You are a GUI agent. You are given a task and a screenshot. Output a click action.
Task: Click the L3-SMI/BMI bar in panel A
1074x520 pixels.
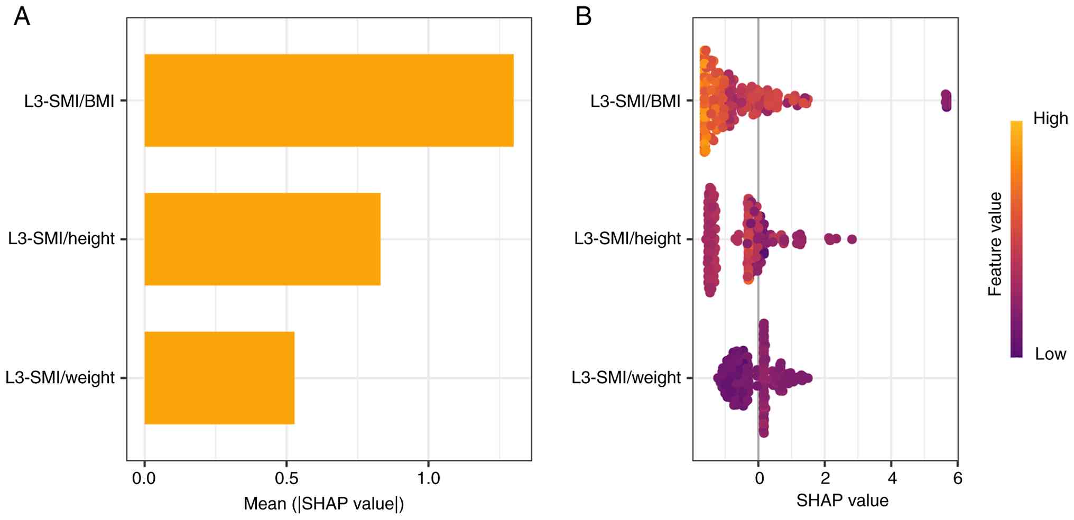[x=329, y=100]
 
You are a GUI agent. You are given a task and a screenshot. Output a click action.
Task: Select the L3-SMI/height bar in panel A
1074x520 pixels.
[x=262, y=239]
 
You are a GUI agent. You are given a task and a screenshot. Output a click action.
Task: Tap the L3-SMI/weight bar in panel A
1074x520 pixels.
[x=219, y=377]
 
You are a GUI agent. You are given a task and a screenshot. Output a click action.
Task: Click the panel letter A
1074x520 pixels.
[x=22, y=17]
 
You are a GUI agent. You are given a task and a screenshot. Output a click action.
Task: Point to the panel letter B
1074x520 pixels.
[x=583, y=17]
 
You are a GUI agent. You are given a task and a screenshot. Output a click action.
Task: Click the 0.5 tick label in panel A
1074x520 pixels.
[x=286, y=479]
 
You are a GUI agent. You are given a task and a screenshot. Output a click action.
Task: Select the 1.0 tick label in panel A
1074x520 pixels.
[x=428, y=479]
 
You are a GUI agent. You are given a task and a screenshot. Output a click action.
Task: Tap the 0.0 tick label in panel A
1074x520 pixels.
[x=144, y=479]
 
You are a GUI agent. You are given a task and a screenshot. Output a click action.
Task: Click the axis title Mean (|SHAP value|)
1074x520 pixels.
[x=323, y=504]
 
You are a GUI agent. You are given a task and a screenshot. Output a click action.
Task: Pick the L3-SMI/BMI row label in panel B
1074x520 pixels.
[x=635, y=101]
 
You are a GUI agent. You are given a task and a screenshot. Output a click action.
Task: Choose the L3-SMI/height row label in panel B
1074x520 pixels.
[x=627, y=239]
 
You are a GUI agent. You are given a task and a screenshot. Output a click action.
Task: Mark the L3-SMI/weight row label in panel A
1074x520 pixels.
[x=60, y=378]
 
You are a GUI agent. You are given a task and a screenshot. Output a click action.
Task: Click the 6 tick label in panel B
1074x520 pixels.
[x=958, y=479]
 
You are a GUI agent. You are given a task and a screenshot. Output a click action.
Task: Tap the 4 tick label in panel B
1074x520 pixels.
[x=892, y=479]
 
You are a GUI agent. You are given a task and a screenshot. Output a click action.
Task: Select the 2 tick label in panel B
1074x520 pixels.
[x=826, y=479]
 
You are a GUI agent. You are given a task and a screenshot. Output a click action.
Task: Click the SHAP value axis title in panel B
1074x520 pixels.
[x=842, y=500]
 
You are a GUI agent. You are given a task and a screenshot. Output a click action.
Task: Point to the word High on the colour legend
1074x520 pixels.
[x=1050, y=119]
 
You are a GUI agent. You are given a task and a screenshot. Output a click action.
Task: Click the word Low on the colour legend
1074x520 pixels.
[x=1050, y=354]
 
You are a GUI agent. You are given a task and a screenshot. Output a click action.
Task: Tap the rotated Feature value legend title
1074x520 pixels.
[x=995, y=244]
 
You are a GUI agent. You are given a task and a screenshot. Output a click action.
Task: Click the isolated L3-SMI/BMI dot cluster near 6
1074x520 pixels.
[x=946, y=100]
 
